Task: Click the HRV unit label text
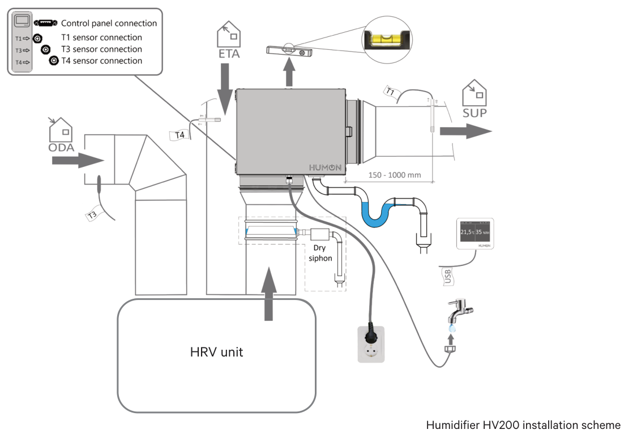216,352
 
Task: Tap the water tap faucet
459,311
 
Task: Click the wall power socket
371,344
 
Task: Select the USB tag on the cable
447,276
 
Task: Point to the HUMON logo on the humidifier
325,168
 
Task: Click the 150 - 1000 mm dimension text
395,175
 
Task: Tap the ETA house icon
229,34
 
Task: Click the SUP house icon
474,93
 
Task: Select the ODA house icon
61,130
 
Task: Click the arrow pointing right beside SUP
466,131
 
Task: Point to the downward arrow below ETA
225,89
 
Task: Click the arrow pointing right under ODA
78,160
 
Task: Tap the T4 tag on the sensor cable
180,135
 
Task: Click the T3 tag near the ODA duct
93,214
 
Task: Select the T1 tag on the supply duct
390,91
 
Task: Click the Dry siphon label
320,253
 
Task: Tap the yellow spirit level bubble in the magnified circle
387,40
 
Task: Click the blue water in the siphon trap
377,213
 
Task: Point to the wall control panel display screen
475,231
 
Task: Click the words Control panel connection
109,24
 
